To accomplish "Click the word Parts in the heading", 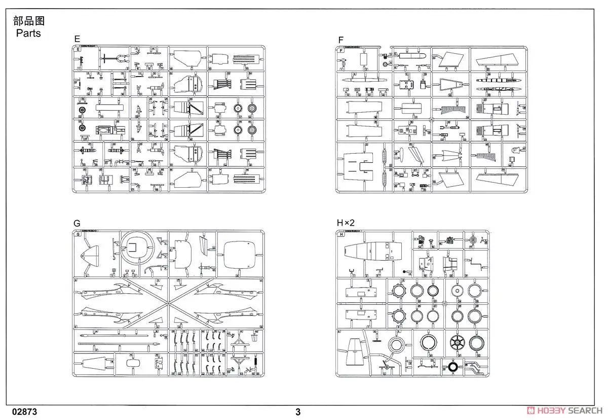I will pos(28,33).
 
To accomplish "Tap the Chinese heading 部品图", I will pos(29,21).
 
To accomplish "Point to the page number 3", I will pos(298,412).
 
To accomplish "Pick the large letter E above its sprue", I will pos(77,39).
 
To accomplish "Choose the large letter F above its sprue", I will pos(341,39).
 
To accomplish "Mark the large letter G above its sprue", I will pos(77,223).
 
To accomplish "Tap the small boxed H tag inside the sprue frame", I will pos(341,234).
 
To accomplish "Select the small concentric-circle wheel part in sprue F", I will pos(387,64).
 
